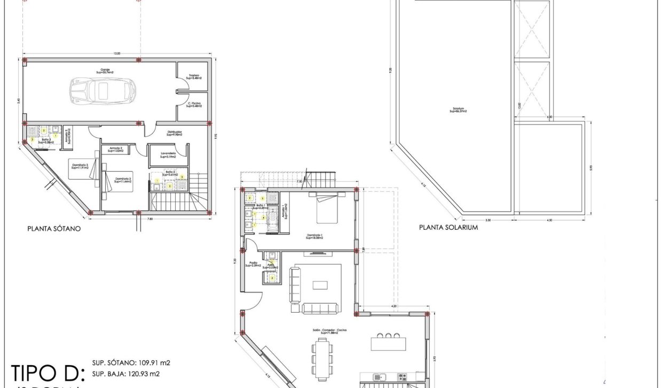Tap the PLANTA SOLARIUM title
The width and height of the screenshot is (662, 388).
[448, 227]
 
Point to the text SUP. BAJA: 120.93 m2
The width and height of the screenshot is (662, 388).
[125, 374]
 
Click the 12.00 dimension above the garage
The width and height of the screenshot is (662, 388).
[117, 53]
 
